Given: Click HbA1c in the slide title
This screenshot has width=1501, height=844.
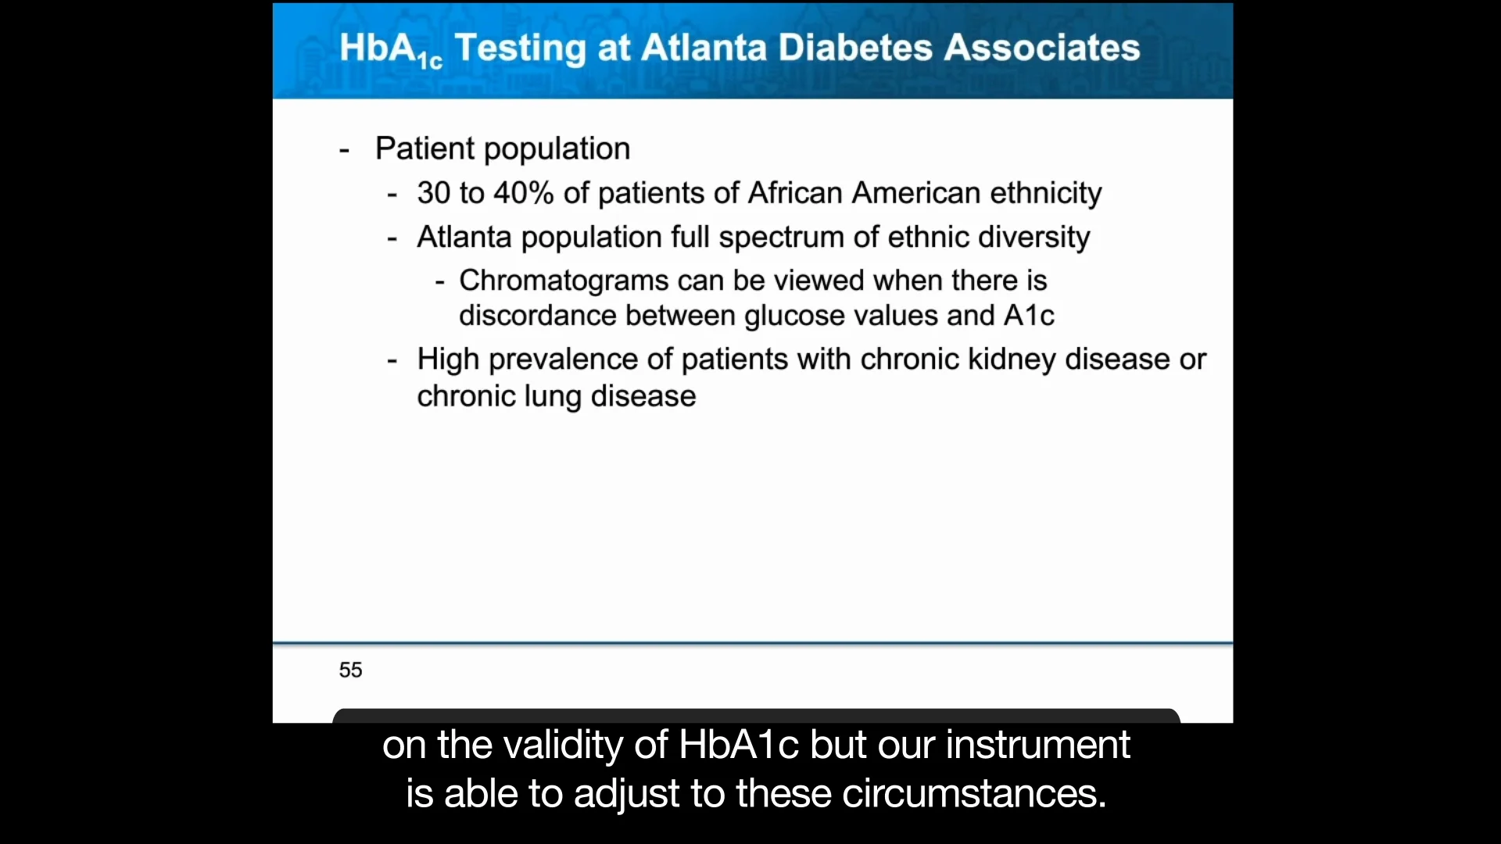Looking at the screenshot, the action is [391, 50].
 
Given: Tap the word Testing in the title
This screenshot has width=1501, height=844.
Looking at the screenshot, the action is [520, 49].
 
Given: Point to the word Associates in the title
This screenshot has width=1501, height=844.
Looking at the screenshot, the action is [1042, 48].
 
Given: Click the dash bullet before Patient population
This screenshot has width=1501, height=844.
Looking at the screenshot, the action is [344, 150].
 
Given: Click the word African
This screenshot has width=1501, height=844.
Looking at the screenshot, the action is [795, 193].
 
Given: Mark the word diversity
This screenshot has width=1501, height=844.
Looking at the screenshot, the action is [1034, 238].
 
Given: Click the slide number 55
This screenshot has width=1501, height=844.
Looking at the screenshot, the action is [350, 670].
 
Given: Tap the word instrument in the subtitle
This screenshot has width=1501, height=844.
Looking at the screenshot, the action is [1038, 745].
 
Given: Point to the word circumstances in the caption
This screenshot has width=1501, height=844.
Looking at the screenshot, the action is [974, 794].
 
